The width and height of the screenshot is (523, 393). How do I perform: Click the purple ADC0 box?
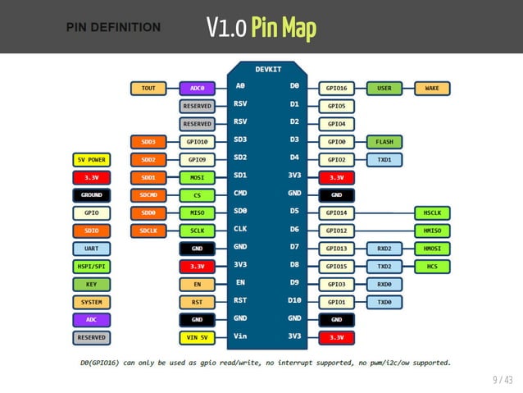pos(197,88)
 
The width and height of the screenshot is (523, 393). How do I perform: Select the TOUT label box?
pos(148,88)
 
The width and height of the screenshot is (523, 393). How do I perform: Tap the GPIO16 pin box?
pos(336,88)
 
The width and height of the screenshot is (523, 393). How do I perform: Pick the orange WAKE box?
pos(431,88)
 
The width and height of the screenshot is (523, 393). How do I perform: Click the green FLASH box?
pos(384,141)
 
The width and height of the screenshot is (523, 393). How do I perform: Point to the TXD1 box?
pos(384,159)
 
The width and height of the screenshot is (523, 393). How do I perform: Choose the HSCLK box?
pos(431,212)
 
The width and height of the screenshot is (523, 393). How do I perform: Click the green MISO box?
pos(197,212)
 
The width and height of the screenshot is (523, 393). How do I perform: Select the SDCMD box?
pos(148,195)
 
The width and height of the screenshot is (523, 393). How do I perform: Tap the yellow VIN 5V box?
pos(197,337)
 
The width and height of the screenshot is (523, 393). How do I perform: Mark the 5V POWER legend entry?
pos(91,159)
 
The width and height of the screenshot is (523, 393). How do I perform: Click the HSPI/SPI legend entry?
pos(91,267)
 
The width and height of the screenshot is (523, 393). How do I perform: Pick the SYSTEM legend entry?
pos(91,302)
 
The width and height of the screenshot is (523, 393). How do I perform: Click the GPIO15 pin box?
pos(336,267)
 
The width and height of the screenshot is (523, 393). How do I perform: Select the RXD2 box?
pos(384,249)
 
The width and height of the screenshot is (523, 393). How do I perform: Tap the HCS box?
pos(431,267)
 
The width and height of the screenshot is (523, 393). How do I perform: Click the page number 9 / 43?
pos(502,379)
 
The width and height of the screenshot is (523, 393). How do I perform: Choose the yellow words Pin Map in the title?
pos(283,29)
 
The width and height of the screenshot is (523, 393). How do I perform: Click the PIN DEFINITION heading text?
pos(113,27)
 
